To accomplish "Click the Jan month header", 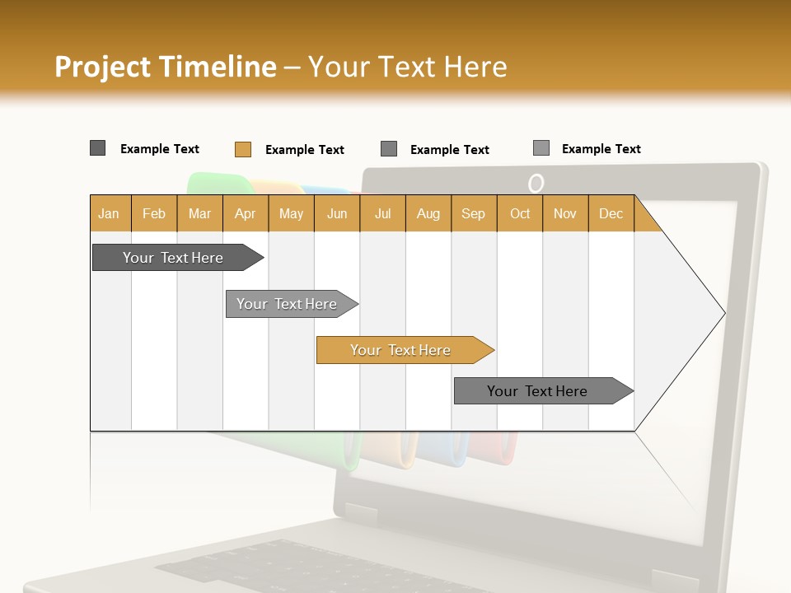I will [109, 214].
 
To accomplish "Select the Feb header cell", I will [154, 214].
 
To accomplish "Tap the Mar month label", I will [199, 214].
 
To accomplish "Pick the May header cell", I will [291, 214].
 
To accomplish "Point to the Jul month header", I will [382, 214].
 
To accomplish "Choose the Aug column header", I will [428, 214].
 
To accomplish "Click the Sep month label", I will [474, 214].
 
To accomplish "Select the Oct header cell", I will [520, 214].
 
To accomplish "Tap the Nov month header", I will [565, 214].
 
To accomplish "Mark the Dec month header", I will [611, 214].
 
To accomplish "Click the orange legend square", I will [242, 149].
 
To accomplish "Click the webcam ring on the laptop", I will [536, 183].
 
